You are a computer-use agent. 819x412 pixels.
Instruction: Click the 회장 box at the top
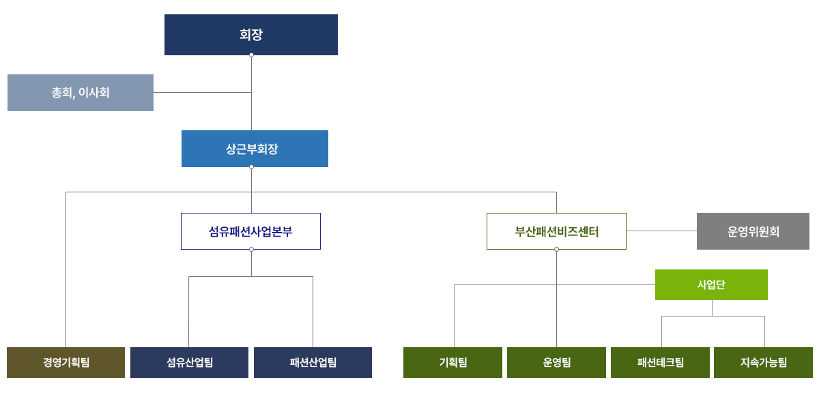coord(250,34)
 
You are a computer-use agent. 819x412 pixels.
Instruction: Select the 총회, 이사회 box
coord(81,93)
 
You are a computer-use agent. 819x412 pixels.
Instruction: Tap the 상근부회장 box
coord(255,149)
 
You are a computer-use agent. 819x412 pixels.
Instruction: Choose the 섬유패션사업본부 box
coord(250,231)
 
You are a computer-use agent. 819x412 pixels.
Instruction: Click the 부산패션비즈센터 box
coord(556,231)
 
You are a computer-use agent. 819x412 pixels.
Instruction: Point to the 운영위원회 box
coord(753,231)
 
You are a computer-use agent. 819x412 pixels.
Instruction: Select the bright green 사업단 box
coord(711,284)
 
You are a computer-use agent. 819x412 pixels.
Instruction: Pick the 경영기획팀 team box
coord(66,362)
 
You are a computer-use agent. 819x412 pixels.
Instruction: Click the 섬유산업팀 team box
coord(189,362)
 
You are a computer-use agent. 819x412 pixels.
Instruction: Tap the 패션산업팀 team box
coord(313,362)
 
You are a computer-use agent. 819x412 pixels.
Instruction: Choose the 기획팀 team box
coord(452,362)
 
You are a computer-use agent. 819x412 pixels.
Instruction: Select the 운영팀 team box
coord(556,362)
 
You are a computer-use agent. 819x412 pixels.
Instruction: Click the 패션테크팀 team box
coord(660,362)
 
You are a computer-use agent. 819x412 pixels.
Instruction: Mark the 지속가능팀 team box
coord(763,362)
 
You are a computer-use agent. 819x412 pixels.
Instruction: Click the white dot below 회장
coord(251,55)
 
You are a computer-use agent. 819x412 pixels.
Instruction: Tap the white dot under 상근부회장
coord(251,166)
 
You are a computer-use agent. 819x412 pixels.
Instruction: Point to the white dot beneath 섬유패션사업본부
coord(251,249)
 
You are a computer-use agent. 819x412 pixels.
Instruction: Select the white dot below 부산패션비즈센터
coord(556,249)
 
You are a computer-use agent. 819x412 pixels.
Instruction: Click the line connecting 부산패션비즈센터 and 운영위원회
coord(661,231)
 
